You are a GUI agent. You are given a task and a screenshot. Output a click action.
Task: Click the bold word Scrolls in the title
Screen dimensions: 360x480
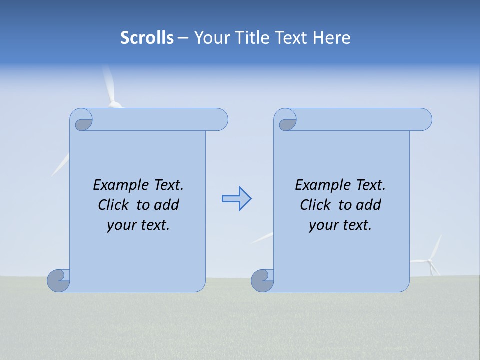pyautogui.click(x=147, y=38)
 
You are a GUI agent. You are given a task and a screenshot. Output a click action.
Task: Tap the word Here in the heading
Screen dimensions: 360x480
pyautogui.click(x=332, y=38)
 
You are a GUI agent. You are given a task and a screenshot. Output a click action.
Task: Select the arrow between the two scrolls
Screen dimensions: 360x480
pyautogui.click(x=236, y=199)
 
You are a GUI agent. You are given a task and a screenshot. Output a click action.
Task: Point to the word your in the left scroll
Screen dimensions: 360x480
pyautogui.click(x=120, y=225)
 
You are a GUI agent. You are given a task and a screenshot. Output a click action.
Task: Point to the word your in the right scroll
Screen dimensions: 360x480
pyautogui.click(x=322, y=225)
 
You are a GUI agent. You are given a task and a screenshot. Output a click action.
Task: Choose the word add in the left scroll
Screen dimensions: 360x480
pyautogui.click(x=167, y=205)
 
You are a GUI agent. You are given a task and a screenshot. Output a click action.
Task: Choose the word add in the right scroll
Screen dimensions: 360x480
pyautogui.click(x=369, y=205)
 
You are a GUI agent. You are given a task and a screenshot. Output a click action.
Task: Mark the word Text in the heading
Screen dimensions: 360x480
pyautogui.click(x=291, y=38)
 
